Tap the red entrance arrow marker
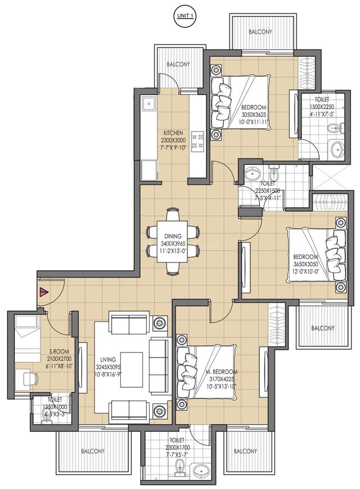coord(44,292)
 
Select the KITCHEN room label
coord(172,133)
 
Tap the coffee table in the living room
coord(132,369)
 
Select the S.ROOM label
coord(60,351)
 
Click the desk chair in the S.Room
coord(30,378)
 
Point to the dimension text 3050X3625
coord(254,115)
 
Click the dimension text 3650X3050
coord(305,264)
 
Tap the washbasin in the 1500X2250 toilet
coord(336,150)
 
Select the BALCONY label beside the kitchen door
coord(178,64)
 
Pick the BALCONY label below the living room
coord(93,451)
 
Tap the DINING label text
coord(173,237)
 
